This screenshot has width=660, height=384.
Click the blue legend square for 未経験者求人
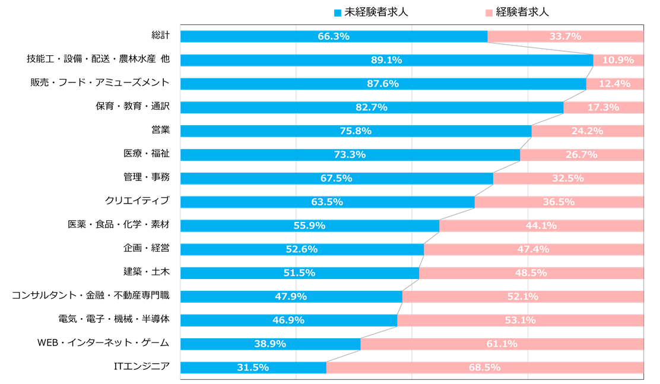[x=338, y=12]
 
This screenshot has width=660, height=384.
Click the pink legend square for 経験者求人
[x=488, y=12]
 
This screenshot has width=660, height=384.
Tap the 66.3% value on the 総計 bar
[x=334, y=36]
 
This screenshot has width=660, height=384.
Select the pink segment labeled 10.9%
[x=618, y=60]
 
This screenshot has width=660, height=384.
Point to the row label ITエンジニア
[x=142, y=367]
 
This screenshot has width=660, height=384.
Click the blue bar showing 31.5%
[x=253, y=367]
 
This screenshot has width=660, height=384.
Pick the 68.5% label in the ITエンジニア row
[x=484, y=367]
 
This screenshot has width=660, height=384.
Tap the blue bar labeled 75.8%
[x=356, y=131]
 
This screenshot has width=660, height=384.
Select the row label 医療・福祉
[x=147, y=154]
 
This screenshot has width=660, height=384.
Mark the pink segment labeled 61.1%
[x=502, y=344]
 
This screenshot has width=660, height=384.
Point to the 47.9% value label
[x=291, y=296]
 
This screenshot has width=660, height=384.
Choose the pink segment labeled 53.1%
[x=520, y=320]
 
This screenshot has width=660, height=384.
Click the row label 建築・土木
[x=147, y=272]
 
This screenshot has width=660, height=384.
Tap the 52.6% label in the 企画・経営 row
[x=302, y=249]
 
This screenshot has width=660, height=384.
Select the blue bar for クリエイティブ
[x=327, y=202]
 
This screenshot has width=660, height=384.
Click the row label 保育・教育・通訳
[x=133, y=106]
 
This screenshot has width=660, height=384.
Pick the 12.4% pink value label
[x=614, y=84]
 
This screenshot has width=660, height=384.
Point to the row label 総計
[x=160, y=36]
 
